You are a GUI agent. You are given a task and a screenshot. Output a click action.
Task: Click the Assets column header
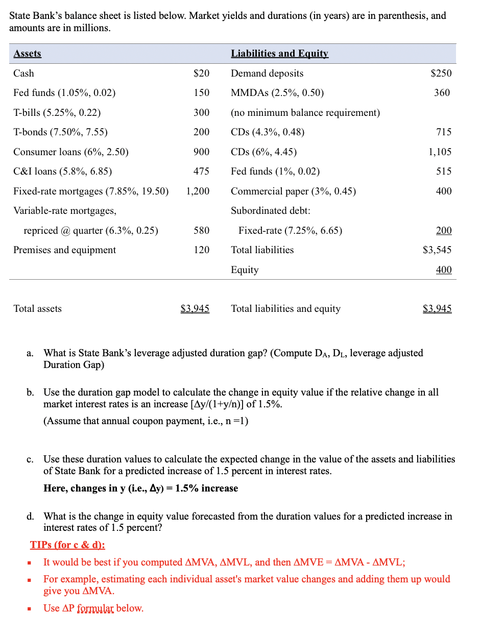click(x=27, y=54)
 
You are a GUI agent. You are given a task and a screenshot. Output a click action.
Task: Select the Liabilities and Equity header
click(x=279, y=54)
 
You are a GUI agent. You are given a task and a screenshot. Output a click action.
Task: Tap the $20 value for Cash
click(x=201, y=73)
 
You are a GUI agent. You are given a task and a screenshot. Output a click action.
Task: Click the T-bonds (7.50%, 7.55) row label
click(x=60, y=132)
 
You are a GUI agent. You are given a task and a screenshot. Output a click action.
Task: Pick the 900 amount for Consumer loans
click(x=201, y=152)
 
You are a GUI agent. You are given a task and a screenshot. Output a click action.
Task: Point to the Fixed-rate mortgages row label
click(x=90, y=191)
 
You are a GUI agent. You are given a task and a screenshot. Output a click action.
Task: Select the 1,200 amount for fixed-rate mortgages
click(x=198, y=191)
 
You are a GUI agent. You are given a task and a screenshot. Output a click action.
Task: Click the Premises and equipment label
click(x=64, y=250)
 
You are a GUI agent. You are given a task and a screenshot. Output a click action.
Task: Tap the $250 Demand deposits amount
click(x=441, y=73)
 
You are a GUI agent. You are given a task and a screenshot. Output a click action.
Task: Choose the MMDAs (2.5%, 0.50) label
click(x=277, y=93)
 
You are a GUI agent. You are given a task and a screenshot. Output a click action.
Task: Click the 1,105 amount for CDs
click(x=440, y=152)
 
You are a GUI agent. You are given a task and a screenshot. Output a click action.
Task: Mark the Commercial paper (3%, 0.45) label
click(x=293, y=191)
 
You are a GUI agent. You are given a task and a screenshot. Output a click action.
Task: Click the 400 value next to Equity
click(x=444, y=270)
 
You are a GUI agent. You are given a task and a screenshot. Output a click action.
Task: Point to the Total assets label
click(x=37, y=309)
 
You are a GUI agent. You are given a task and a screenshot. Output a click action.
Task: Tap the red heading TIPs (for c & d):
click(x=67, y=545)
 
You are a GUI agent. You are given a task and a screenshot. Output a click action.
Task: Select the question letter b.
click(x=31, y=392)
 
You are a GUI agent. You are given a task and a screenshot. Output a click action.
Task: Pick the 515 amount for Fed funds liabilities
click(x=444, y=171)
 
